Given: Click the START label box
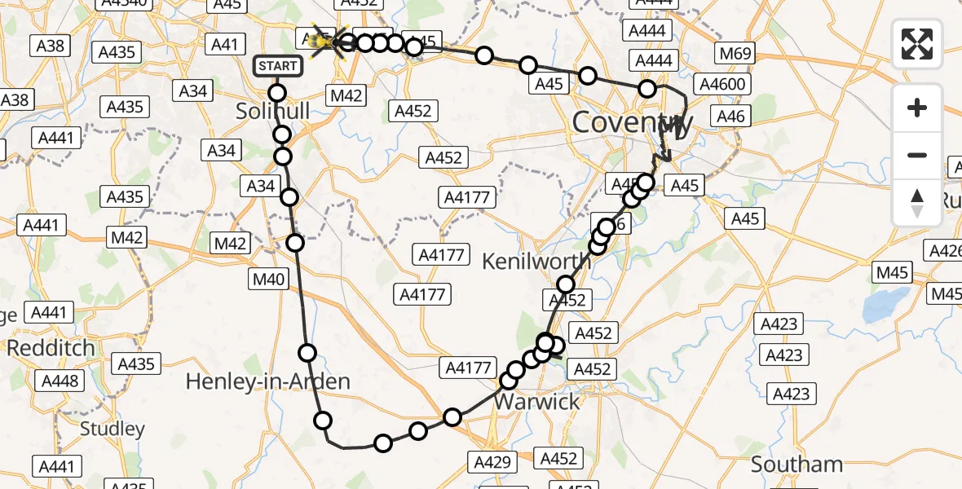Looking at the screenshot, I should pos(279,66).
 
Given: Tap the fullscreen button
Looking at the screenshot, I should pos(917,44).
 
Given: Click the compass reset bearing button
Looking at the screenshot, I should pos(917,202).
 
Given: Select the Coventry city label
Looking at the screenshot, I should pos(633,123).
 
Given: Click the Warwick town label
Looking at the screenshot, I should pos(537,402).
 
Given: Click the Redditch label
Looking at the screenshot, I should pos(51,348).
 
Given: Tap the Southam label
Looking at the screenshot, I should pos(797,464).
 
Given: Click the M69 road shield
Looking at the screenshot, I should pos(734,55).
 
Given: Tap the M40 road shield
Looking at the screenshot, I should pos(268,280).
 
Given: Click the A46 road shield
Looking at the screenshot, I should pos(730,117).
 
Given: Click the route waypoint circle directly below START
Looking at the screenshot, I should pos(277,93).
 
